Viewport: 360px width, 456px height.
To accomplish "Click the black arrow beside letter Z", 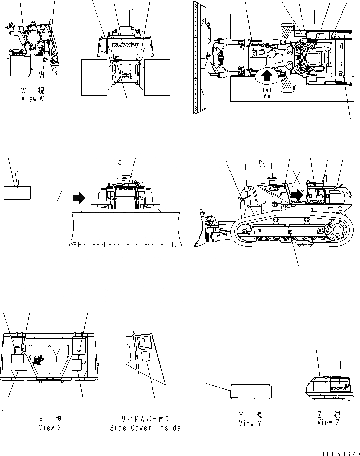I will (x=78, y=198).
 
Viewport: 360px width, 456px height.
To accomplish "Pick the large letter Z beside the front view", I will (x=59, y=198).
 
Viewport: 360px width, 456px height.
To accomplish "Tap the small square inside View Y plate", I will (x=234, y=392).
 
